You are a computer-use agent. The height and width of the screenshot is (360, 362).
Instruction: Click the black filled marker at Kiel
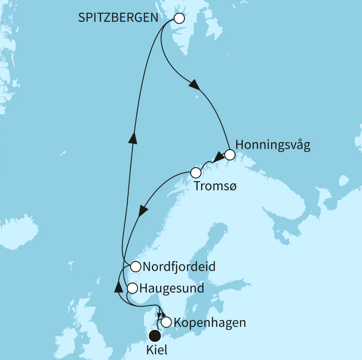pos(154,336)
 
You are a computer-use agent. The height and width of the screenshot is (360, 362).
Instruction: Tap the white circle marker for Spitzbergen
pos(179,18)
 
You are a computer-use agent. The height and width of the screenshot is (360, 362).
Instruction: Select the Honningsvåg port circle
pos(230,155)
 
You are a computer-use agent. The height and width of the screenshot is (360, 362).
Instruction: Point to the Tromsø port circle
pos(195,172)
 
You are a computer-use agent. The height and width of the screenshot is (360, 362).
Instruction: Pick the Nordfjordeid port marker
pos(135,266)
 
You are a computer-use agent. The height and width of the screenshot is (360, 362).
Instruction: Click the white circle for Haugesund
pos(132,288)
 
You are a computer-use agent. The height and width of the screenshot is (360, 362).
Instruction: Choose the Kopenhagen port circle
pos(167,322)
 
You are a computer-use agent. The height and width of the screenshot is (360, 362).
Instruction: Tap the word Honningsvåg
pos(273,145)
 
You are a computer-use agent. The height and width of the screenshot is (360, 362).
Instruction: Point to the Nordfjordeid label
pos(179,267)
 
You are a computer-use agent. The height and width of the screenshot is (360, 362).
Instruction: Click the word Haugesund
pos(172,288)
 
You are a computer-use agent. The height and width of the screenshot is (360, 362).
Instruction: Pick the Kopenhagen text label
pos(210,323)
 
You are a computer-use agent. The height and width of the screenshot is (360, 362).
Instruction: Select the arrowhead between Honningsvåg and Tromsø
pos(219,157)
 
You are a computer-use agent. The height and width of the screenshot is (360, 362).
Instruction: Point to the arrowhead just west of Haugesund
pos(118,287)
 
